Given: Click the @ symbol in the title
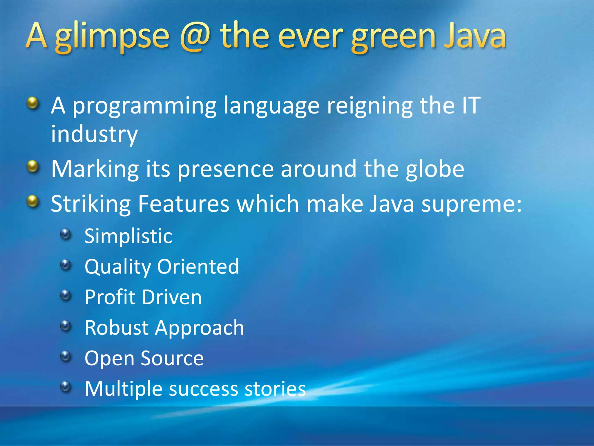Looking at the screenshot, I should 195,37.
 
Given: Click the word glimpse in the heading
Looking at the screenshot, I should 112,37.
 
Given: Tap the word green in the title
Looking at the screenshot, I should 393,37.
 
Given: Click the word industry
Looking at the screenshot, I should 94,135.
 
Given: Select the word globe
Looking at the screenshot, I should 435,169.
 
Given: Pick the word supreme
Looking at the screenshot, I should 471,204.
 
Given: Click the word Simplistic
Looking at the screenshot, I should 128,236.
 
